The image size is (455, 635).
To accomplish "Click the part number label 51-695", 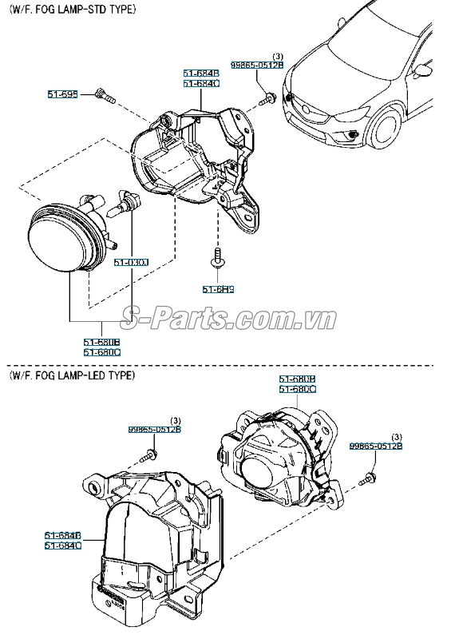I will [x=62, y=94].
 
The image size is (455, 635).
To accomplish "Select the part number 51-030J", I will [x=131, y=261].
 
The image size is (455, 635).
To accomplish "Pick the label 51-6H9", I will [x=216, y=288].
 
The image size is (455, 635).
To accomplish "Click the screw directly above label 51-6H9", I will [x=216, y=258].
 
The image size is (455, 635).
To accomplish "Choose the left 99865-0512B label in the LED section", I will [x=155, y=429].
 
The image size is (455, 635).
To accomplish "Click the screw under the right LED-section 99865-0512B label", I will [x=370, y=478].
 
